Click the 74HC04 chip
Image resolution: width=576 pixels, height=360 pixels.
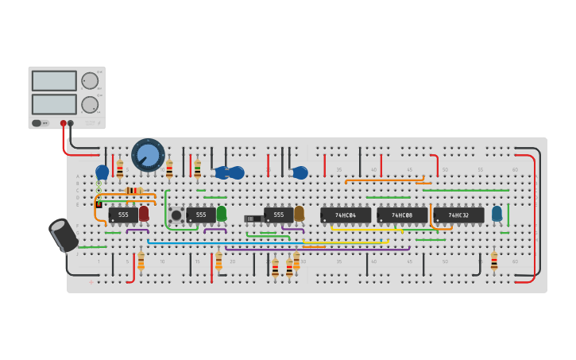(x=346, y=215)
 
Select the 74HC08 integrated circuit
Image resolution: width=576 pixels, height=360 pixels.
(x=402, y=215)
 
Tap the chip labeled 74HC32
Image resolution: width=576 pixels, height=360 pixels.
(x=458, y=215)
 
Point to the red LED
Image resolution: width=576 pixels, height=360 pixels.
(x=144, y=214)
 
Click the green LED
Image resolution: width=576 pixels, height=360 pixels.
(x=222, y=214)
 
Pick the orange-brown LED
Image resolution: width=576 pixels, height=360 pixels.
(x=299, y=214)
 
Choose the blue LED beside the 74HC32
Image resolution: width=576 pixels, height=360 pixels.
(x=497, y=214)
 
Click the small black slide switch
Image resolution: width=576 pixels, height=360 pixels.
(x=253, y=219)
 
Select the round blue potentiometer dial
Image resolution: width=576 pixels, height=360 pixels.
(x=148, y=154)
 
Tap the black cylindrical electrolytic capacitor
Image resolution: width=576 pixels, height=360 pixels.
(x=64, y=235)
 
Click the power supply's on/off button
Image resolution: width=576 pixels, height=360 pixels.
(x=37, y=123)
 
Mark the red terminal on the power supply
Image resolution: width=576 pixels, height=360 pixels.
(x=64, y=123)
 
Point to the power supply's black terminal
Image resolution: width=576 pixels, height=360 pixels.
(x=71, y=123)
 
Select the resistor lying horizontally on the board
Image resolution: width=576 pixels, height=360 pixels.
(x=134, y=191)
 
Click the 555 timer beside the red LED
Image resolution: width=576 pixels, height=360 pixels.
(x=122, y=215)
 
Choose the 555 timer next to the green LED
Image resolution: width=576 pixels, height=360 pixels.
(x=200, y=215)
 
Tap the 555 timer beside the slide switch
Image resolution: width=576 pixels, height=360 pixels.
(x=278, y=215)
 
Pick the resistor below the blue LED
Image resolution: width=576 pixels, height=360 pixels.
(x=494, y=261)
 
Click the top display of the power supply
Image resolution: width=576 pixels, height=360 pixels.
(x=54, y=81)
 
